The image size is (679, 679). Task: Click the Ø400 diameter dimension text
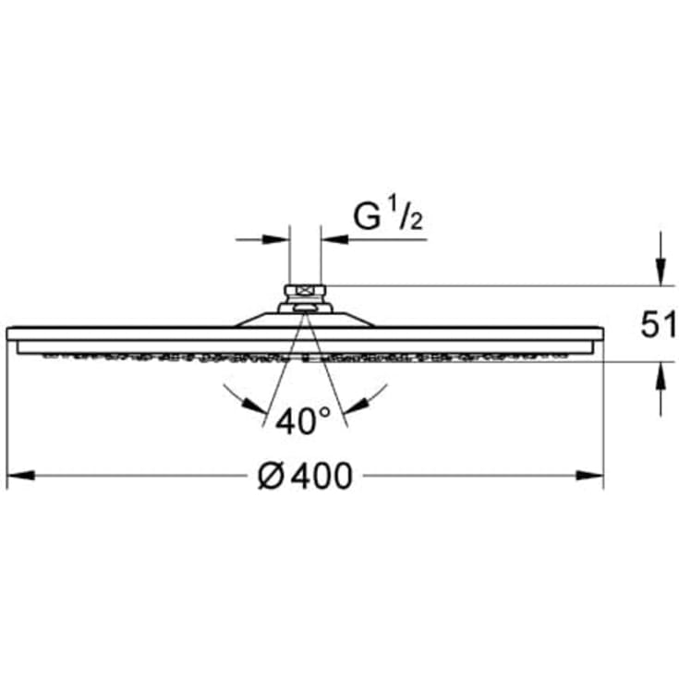tap(305, 477)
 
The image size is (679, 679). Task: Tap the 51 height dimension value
tap(659, 325)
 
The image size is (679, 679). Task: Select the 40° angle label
tap(303, 421)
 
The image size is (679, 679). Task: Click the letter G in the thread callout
tap(367, 217)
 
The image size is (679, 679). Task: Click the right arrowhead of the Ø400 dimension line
tap(590, 476)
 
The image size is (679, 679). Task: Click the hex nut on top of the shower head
tap(305, 295)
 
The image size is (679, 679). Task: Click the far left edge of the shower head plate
tap(8, 333)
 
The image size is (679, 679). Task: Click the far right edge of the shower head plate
tap(601, 333)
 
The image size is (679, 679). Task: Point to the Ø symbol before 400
tap(269, 477)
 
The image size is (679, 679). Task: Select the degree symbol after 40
tap(324, 413)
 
